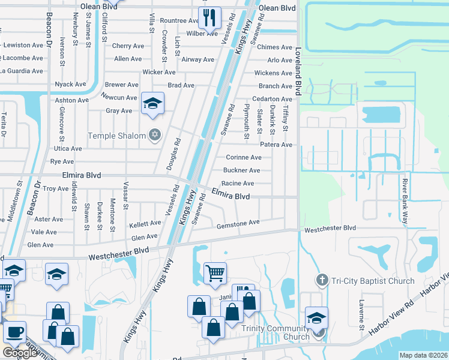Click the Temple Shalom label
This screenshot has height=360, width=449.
pyautogui.click(x=116, y=136)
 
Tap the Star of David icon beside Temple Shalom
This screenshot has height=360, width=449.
pyautogui.click(x=155, y=136)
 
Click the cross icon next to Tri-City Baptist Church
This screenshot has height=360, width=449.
pyautogui.click(x=322, y=280)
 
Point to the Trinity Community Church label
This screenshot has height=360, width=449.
pyautogui.click(x=276, y=332)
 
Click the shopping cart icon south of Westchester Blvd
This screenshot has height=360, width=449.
pyautogui.click(x=215, y=273)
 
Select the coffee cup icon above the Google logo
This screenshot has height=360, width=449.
pyautogui.click(x=14, y=332)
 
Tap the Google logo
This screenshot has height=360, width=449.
pyautogui.click(x=19, y=353)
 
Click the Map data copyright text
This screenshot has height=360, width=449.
pyautogui.click(x=424, y=355)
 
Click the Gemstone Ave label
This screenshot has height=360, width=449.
pyautogui.click(x=238, y=222)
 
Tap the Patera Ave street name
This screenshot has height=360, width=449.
pyautogui.click(x=276, y=145)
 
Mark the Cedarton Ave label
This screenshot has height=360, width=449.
pyautogui.click(x=272, y=99)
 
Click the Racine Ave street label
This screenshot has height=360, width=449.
pyautogui.click(x=238, y=183)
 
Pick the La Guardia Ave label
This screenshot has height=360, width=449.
pyautogui.click(x=21, y=71)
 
